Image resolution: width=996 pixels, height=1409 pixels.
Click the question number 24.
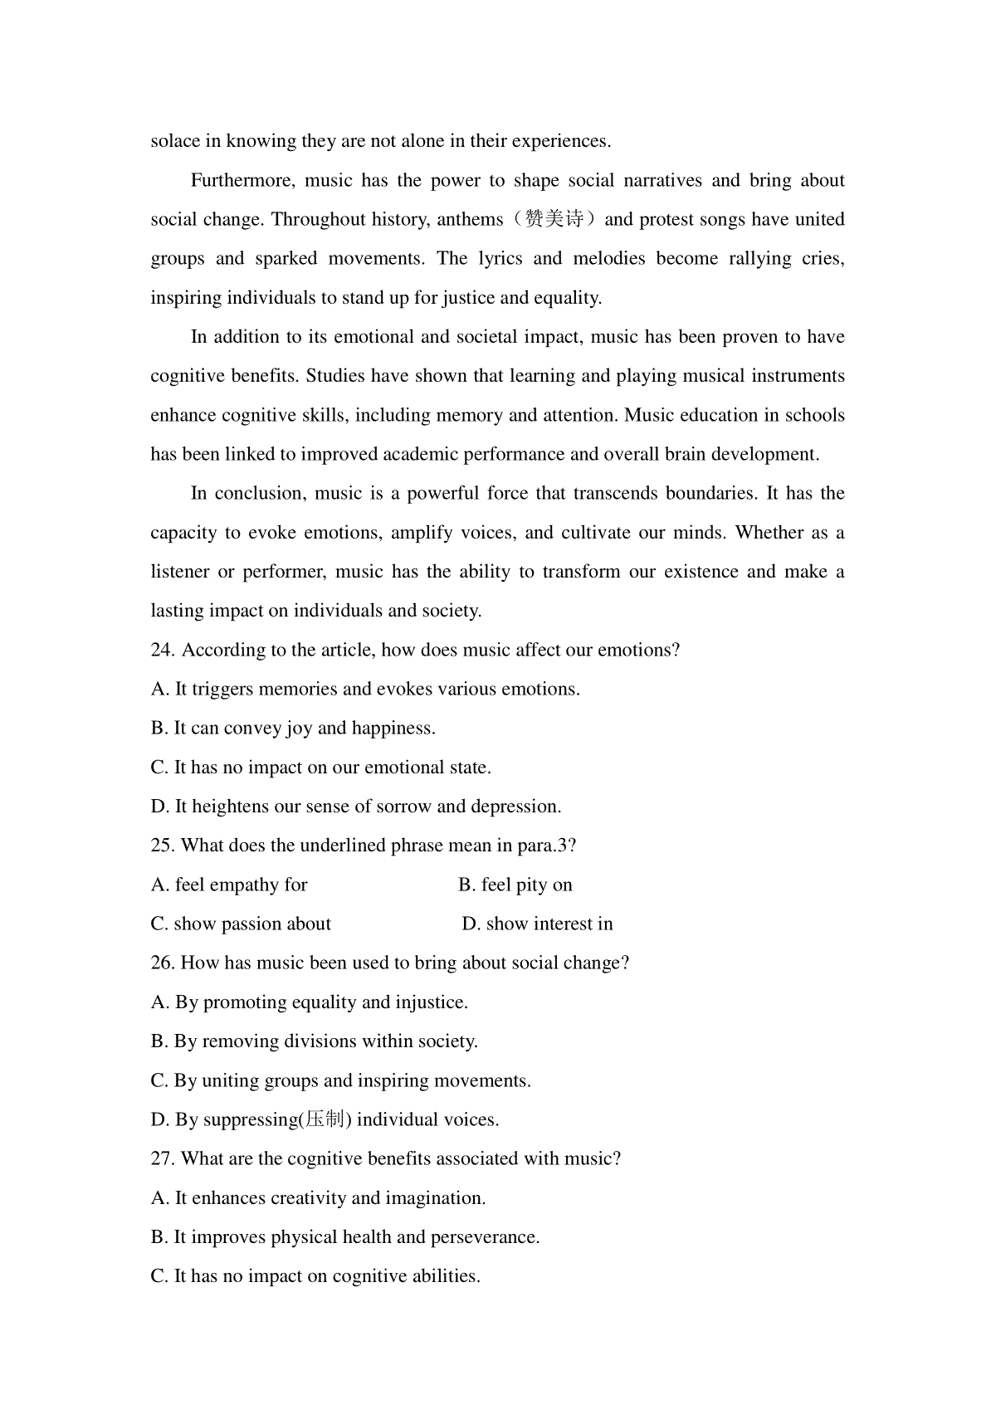[162, 651]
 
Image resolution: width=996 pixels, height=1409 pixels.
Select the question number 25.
[162, 846]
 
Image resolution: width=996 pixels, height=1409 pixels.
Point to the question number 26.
[162, 963]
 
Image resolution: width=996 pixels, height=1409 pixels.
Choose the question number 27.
[162, 1159]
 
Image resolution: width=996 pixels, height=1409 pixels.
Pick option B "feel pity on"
[515, 885]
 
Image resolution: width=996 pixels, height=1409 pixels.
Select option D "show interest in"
[538, 924]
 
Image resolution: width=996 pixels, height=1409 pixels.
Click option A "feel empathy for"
[229, 885]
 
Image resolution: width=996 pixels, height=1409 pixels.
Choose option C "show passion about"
[241, 924]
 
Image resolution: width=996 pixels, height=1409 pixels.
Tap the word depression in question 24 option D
[515, 807]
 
